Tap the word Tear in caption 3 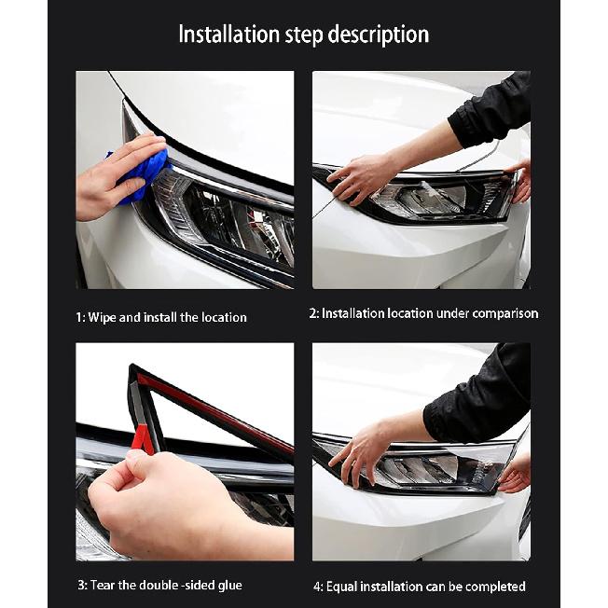104,585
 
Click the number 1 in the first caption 78,317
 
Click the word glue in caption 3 227,585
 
